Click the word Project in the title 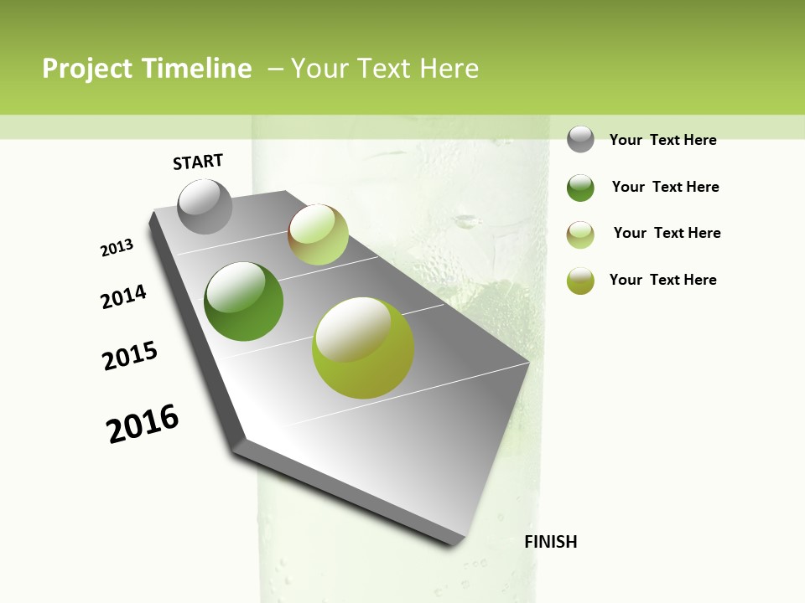(x=88, y=69)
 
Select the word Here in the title (x=448, y=69)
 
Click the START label (x=198, y=162)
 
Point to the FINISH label (x=551, y=542)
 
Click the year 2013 (x=117, y=248)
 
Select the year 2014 (x=124, y=296)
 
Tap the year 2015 (x=130, y=356)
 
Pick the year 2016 (x=143, y=424)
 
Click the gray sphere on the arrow (x=205, y=206)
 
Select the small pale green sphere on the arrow (x=318, y=234)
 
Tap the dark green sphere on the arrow (x=243, y=301)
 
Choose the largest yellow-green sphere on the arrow (x=363, y=348)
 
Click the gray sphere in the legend (x=580, y=139)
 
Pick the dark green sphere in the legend (x=580, y=188)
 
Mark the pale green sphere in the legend (x=580, y=234)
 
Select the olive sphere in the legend (x=580, y=281)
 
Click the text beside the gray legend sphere (x=662, y=140)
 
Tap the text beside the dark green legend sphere (x=665, y=187)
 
